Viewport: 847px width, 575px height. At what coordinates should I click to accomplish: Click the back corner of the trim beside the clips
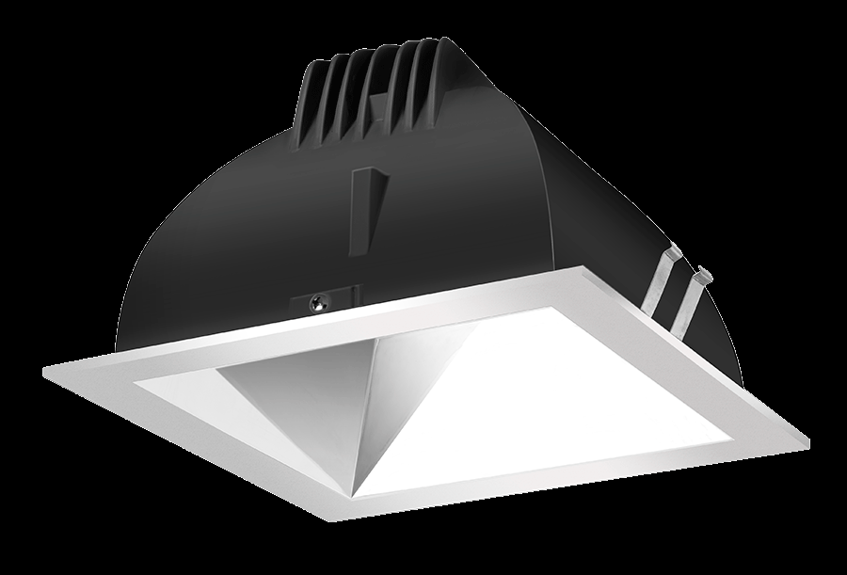point(594,272)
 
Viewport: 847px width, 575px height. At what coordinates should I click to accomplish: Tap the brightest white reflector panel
point(546,395)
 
